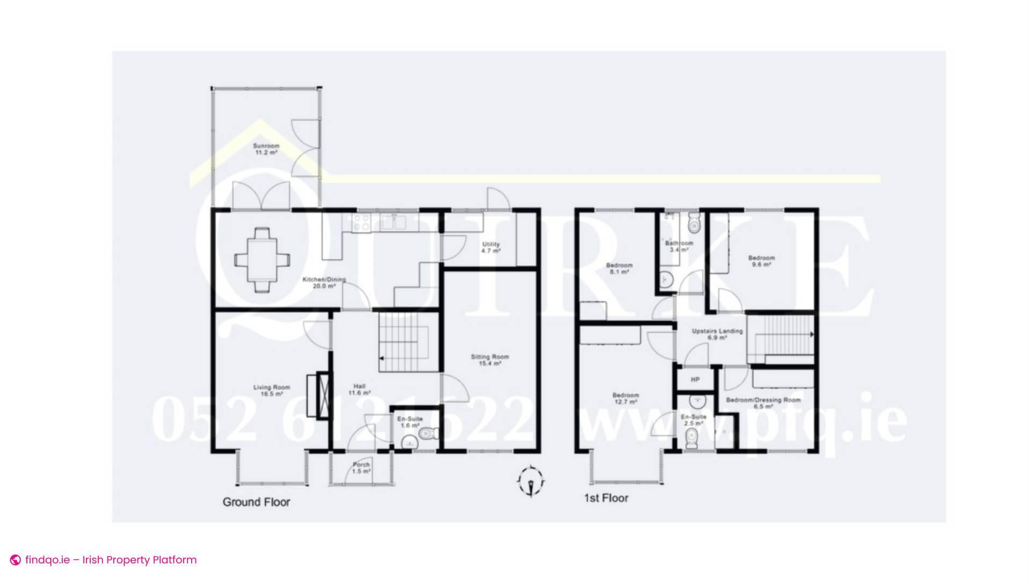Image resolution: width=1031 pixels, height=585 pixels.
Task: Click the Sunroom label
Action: [x=266, y=149]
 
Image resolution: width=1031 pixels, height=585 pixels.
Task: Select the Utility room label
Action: [x=491, y=247]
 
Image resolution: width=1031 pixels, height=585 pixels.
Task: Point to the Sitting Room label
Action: [x=490, y=360]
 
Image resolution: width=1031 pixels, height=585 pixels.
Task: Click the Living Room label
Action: [x=272, y=390]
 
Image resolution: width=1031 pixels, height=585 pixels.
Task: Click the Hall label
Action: [x=359, y=389]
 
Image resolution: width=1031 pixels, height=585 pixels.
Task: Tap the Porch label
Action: [x=361, y=468]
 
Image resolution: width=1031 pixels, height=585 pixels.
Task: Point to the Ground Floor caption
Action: [x=256, y=502]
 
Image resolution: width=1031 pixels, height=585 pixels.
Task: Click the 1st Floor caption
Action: [x=606, y=498]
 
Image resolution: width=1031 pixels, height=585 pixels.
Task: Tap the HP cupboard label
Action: [x=695, y=379]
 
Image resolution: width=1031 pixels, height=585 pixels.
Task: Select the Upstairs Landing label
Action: [x=717, y=334]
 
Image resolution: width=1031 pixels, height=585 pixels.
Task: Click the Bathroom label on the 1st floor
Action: [x=679, y=246]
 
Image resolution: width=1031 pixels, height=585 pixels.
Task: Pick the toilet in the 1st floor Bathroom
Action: [x=694, y=223]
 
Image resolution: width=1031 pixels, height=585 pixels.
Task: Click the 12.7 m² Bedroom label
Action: [x=625, y=398]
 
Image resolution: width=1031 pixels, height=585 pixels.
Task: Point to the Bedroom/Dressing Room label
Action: [x=763, y=403]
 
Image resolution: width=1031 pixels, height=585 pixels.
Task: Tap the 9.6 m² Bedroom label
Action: [x=761, y=261]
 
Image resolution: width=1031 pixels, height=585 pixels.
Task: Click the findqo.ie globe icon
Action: [x=16, y=560]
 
